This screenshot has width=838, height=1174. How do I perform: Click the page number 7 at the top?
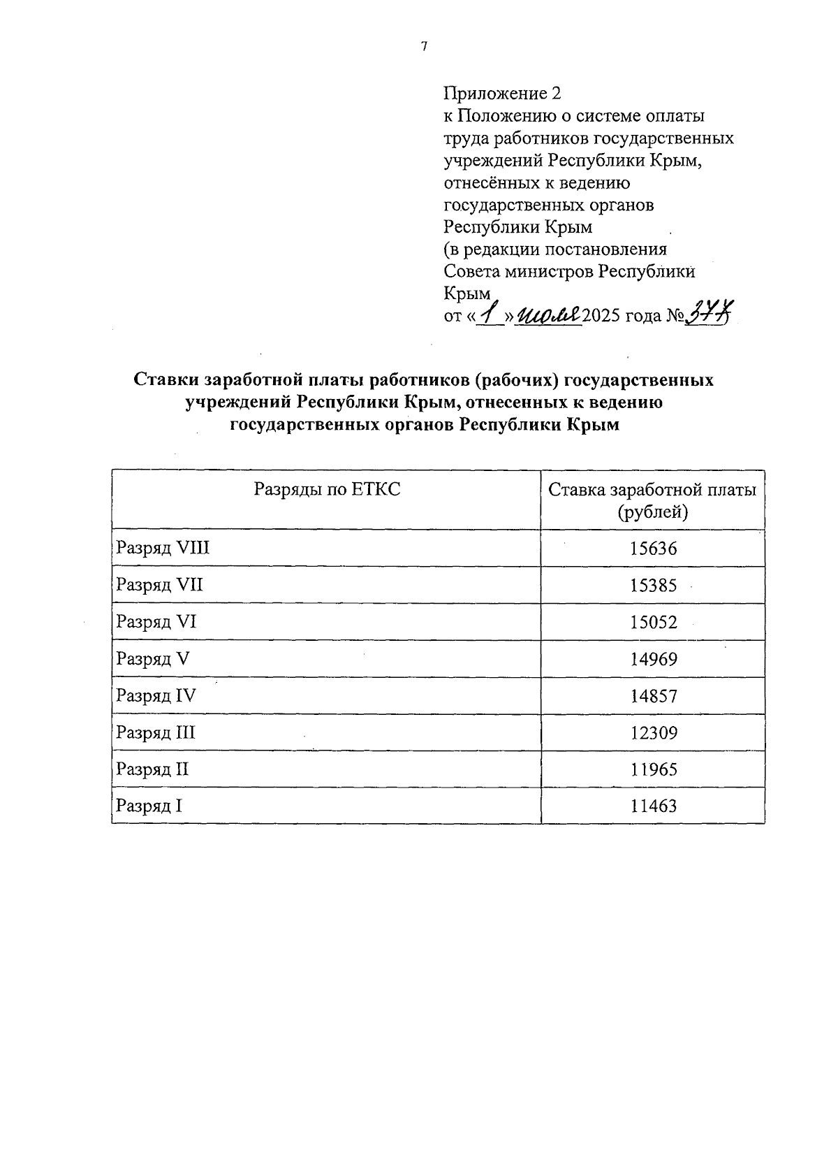point(423,47)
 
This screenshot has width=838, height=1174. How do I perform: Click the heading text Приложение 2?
point(502,93)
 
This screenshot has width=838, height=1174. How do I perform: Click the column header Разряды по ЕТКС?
point(327,489)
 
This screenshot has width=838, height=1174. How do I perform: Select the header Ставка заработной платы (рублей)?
point(652,500)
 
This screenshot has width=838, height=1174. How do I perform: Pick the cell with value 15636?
point(653,549)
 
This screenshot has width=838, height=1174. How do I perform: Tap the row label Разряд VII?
point(160,585)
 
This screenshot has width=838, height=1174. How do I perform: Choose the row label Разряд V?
point(153,659)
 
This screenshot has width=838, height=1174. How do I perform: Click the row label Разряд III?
point(156,733)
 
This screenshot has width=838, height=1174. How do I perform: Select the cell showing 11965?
point(653,770)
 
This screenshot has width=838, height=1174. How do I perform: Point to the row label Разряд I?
point(149,806)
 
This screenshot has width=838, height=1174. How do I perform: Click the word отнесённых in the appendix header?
point(491,183)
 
